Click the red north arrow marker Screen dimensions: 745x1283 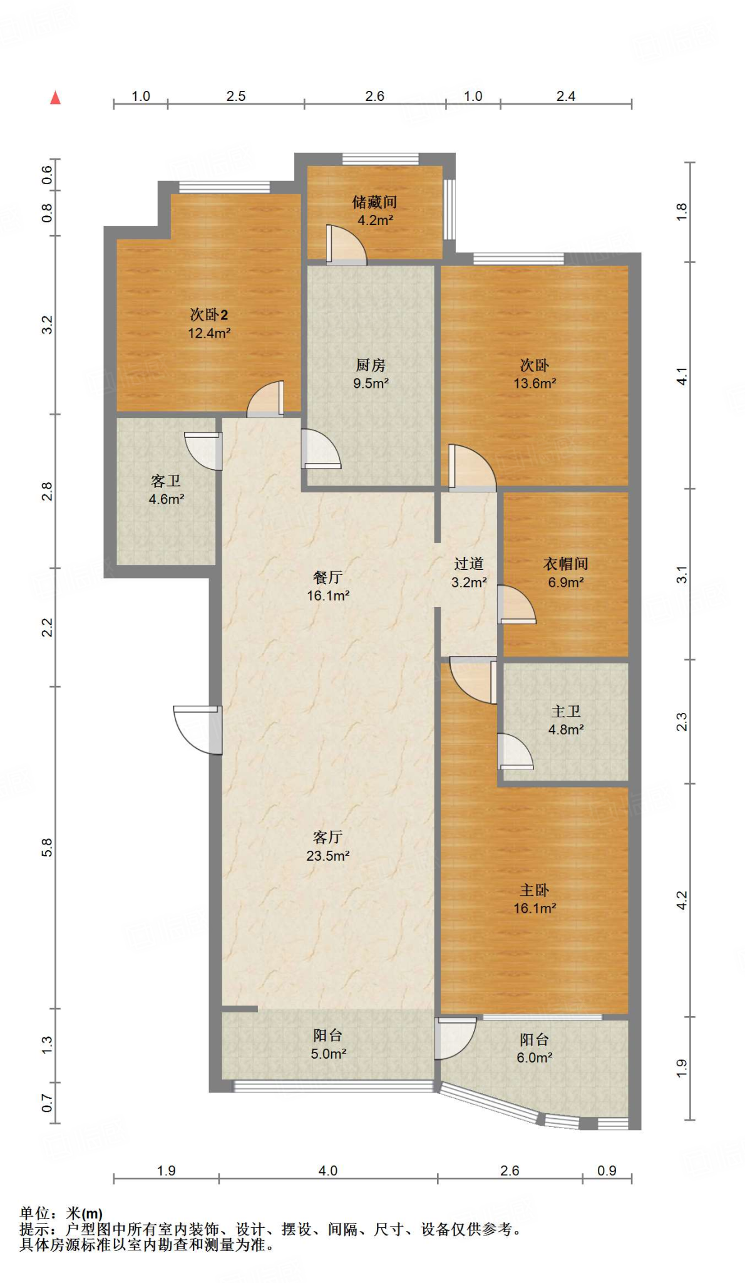click(x=56, y=98)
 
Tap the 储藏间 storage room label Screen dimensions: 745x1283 click(x=374, y=202)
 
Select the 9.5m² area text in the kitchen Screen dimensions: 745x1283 click(x=371, y=383)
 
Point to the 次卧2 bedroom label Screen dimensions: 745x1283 click(x=209, y=314)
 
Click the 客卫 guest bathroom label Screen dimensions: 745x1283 click(x=166, y=481)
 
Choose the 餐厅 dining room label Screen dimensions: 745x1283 click(x=327, y=577)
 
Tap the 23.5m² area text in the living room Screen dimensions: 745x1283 click(x=327, y=856)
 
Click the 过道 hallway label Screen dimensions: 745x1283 click(x=469, y=564)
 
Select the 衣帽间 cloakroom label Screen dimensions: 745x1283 click(x=565, y=564)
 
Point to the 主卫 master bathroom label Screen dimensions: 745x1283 click(x=566, y=712)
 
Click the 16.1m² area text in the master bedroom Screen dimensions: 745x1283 click(x=535, y=908)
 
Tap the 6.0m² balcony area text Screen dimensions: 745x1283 click(x=534, y=1058)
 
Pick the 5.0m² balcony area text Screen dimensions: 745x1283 click(x=328, y=1054)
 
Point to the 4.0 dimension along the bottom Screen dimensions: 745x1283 click(x=328, y=1171)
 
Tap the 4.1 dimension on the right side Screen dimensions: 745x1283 click(x=682, y=377)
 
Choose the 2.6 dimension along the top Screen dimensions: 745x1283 click(x=374, y=96)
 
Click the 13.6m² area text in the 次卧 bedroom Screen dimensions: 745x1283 click(x=535, y=383)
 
